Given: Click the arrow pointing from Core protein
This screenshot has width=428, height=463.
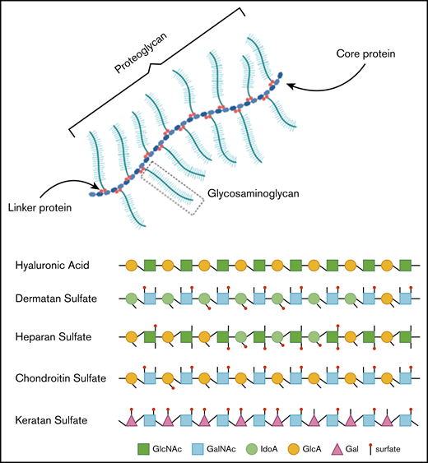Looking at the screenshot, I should click(x=318, y=78).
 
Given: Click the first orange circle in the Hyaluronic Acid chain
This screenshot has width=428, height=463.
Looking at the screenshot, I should click(x=131, y=266).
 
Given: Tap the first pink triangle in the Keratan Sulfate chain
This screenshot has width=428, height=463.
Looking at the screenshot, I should click(x=131, y=421).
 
